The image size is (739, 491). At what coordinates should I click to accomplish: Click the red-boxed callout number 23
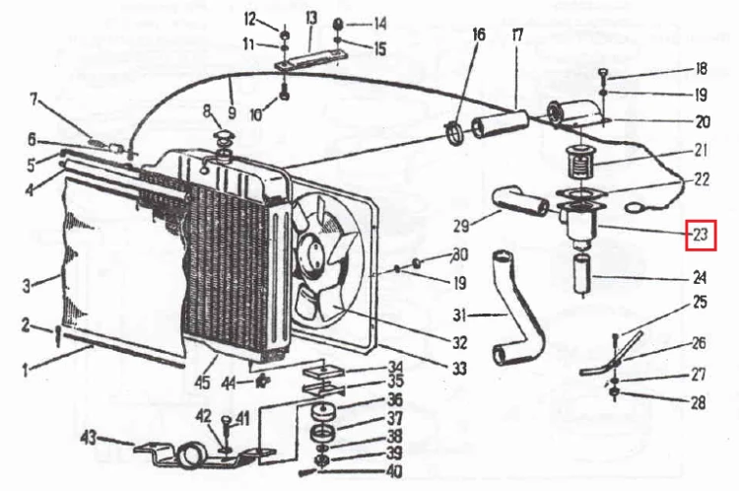coord(702,235)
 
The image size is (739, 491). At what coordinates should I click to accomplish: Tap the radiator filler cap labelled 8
coord(223,138)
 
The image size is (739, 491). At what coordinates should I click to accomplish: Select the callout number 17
coord(517,35)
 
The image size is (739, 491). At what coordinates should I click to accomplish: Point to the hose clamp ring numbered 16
coord(455,133)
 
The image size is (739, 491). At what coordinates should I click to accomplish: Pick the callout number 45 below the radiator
coord(203,382)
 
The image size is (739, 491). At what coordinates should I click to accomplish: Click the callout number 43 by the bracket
coord(89,437)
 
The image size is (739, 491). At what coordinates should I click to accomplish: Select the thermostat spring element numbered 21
coord(578,163)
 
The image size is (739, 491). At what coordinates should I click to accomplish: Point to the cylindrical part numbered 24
coord(581,274)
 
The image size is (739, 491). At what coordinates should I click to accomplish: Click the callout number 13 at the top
coord(311,20)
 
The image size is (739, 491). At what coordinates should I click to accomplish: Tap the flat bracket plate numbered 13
coord(311,59)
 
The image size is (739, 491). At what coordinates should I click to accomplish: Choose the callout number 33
coord(459,368)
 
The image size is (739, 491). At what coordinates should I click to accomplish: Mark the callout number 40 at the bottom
coord(393,470)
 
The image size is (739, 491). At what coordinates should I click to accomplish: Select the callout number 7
coord(34,100)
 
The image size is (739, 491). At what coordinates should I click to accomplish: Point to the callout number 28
coord(698,402)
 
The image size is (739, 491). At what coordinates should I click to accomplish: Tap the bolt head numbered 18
coord(604,73)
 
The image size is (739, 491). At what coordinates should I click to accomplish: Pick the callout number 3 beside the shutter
coord(27,285)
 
